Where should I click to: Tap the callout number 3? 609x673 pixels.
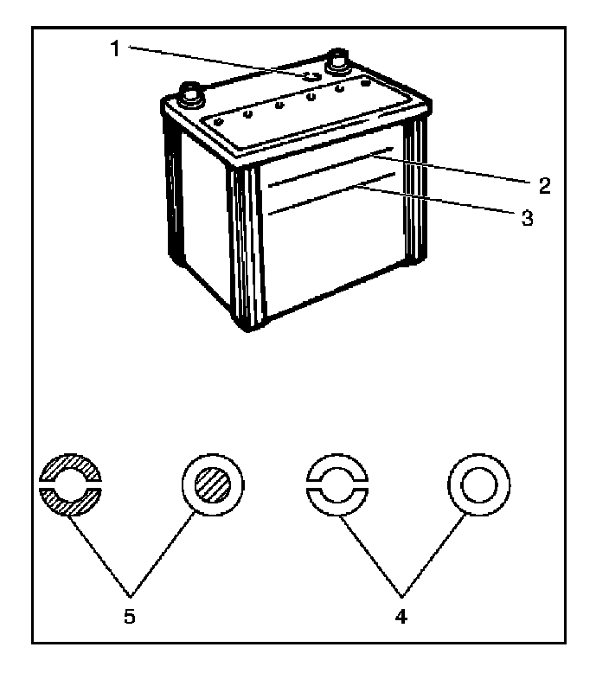click(527, 217)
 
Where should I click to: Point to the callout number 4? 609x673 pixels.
click(401, 618)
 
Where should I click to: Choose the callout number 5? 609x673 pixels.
click(130, 618)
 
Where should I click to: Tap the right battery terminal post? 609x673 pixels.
click(336, 63)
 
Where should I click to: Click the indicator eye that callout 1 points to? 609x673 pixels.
click(312, 78)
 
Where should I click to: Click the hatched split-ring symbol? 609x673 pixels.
click(70, 483)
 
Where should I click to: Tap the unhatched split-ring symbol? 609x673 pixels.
click(338, 483)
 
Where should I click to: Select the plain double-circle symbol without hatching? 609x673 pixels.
click(477, 483)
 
